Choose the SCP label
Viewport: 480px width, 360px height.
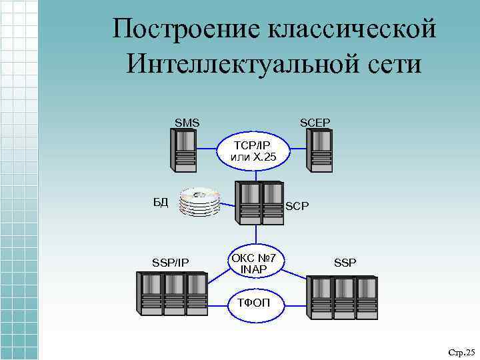click(x=297, y=207)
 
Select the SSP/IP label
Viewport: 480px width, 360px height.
click(x=171, y=263)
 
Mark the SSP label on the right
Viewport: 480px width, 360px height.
click(x=345, y=263)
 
